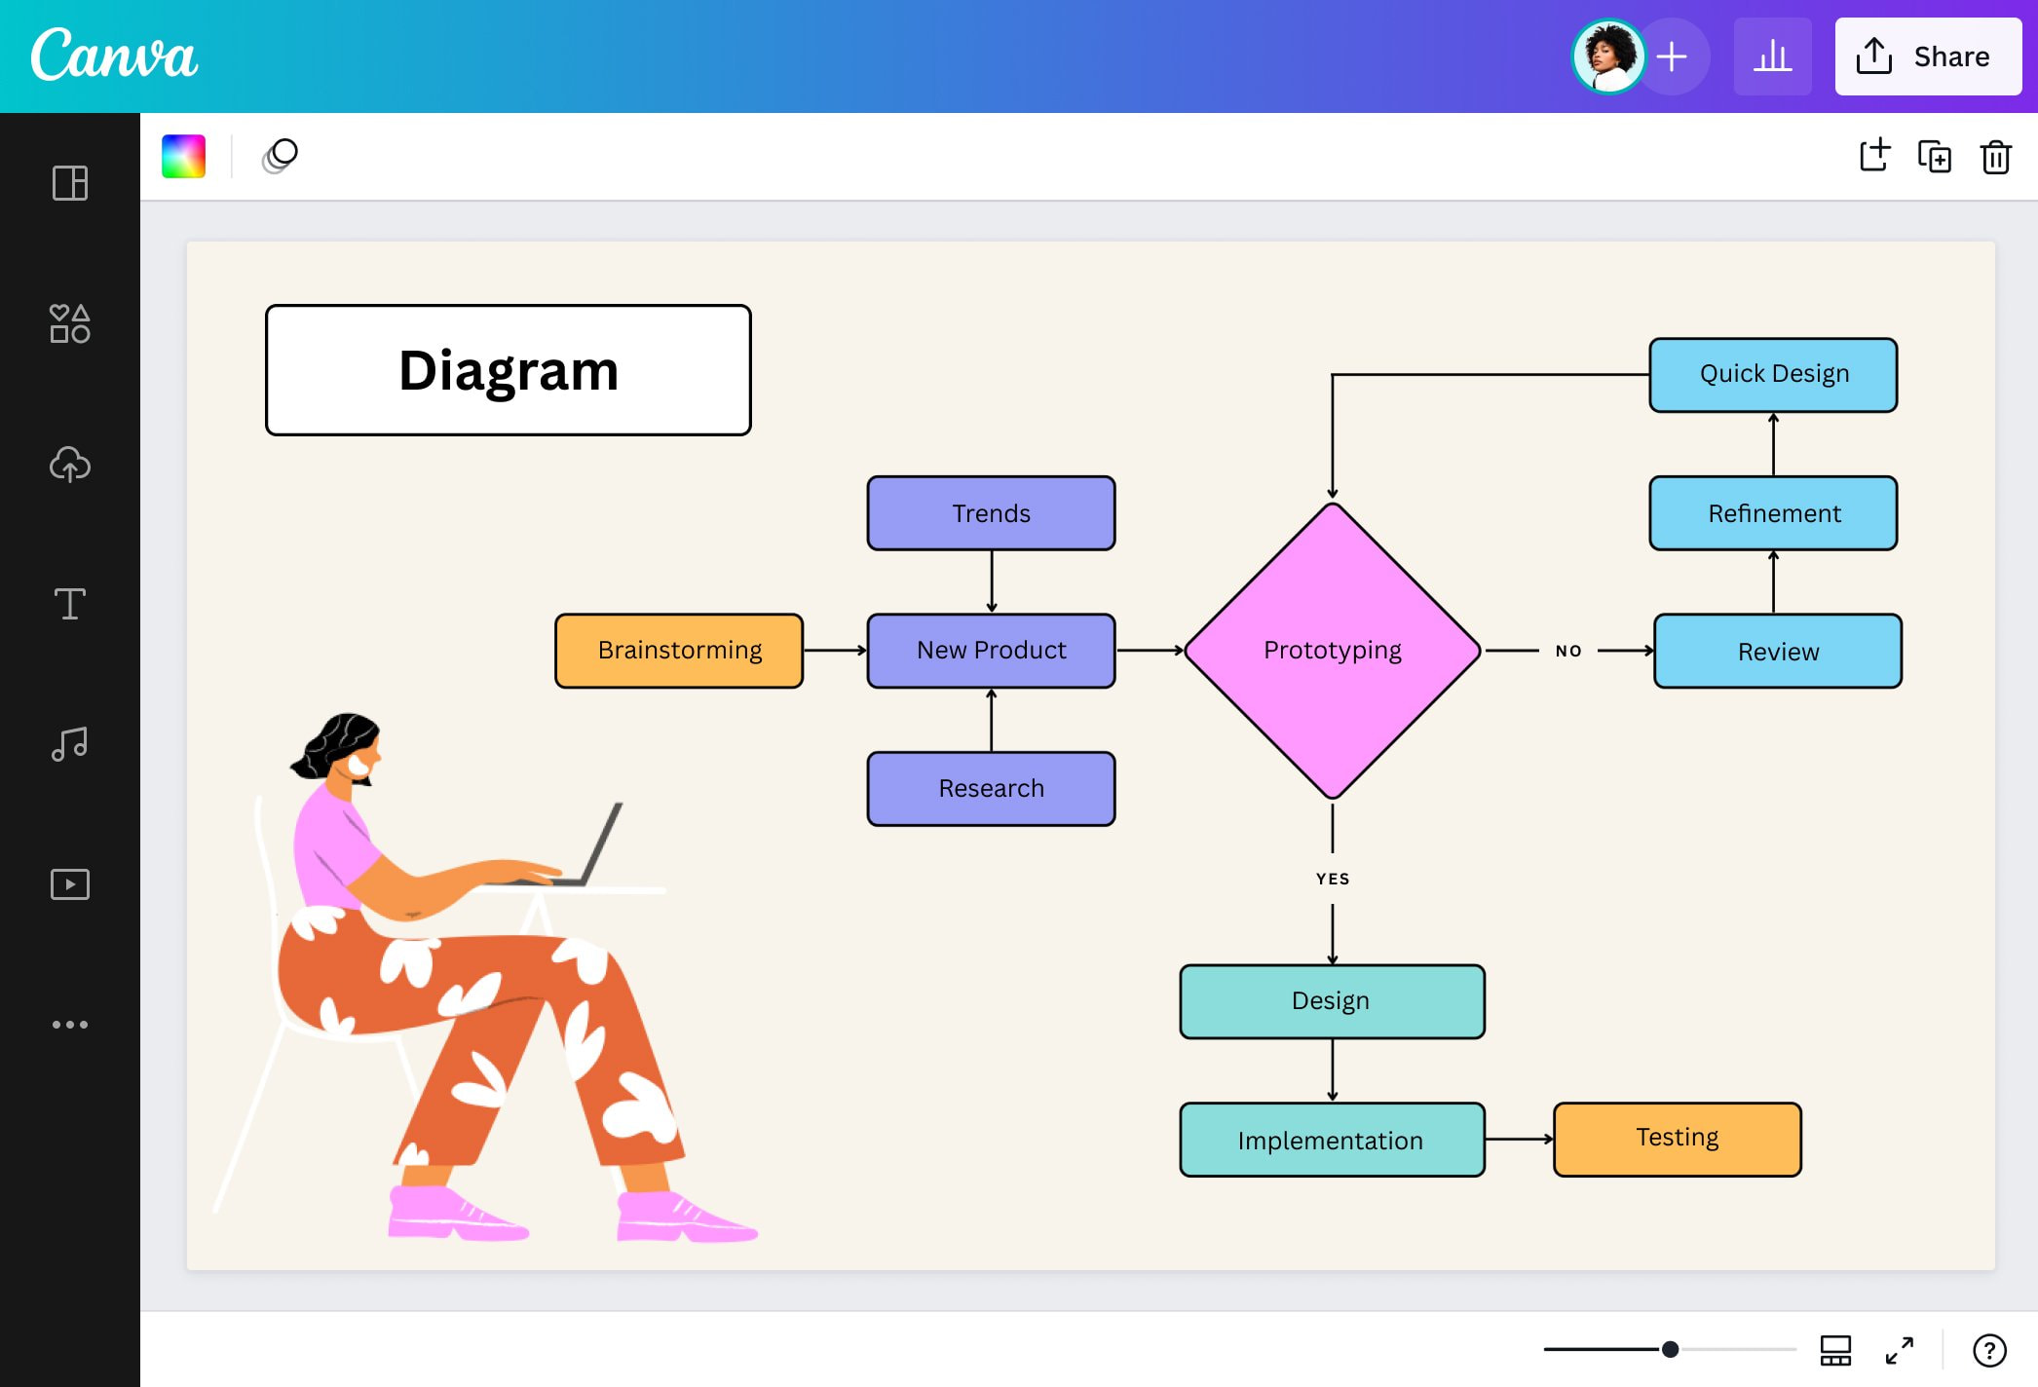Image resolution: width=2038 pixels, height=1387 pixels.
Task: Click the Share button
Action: (x=1927, y=56)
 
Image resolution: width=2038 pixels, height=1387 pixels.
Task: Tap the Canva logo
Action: (x=114, y=56)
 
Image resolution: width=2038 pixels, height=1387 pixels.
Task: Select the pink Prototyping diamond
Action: (x=1332, y=650)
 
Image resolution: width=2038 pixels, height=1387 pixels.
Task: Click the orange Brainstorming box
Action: (x=679, y=651)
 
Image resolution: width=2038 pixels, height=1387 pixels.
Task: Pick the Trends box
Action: (x=991, y=513)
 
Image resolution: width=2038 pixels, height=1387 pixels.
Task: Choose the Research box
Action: (x=991, y=788)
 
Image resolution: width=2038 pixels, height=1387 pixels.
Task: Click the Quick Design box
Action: (x=1773, y=374)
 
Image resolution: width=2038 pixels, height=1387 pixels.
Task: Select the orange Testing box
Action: (x=1677, y=1139)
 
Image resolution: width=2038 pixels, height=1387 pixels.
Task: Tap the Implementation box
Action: (x=1332, y=1140)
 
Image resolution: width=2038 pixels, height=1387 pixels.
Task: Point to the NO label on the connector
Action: (x=1568, y=651)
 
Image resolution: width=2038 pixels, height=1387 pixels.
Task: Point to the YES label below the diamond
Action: (x=1333, y=879)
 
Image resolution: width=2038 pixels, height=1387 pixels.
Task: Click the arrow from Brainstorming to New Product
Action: (x=835, y=650)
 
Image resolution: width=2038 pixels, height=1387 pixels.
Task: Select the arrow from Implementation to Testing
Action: (x=1519, y=1139)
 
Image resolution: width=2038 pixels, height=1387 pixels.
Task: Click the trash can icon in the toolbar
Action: (x=1995, y=157)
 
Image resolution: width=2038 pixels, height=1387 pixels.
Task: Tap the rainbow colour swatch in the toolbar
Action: (x=183, y=156)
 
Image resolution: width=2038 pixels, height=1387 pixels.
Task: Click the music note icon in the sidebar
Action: (x=69, y=744)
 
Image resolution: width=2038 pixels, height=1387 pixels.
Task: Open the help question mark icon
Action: (x=1988, y=1350)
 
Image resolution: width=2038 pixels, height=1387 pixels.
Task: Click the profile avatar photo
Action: (x=1608, y=56)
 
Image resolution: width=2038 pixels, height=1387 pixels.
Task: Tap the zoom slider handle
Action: (x=1670, y=1349)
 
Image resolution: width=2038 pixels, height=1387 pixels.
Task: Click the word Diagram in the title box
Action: (x=509, y=371)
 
